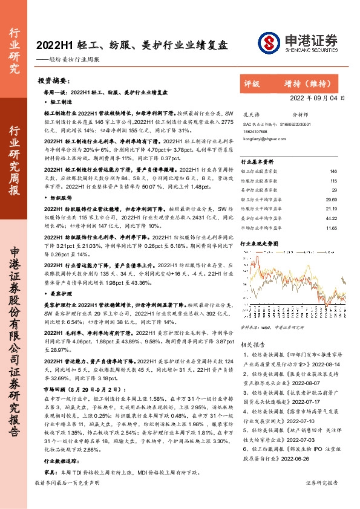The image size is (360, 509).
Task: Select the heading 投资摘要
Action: (x=54, y=80)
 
